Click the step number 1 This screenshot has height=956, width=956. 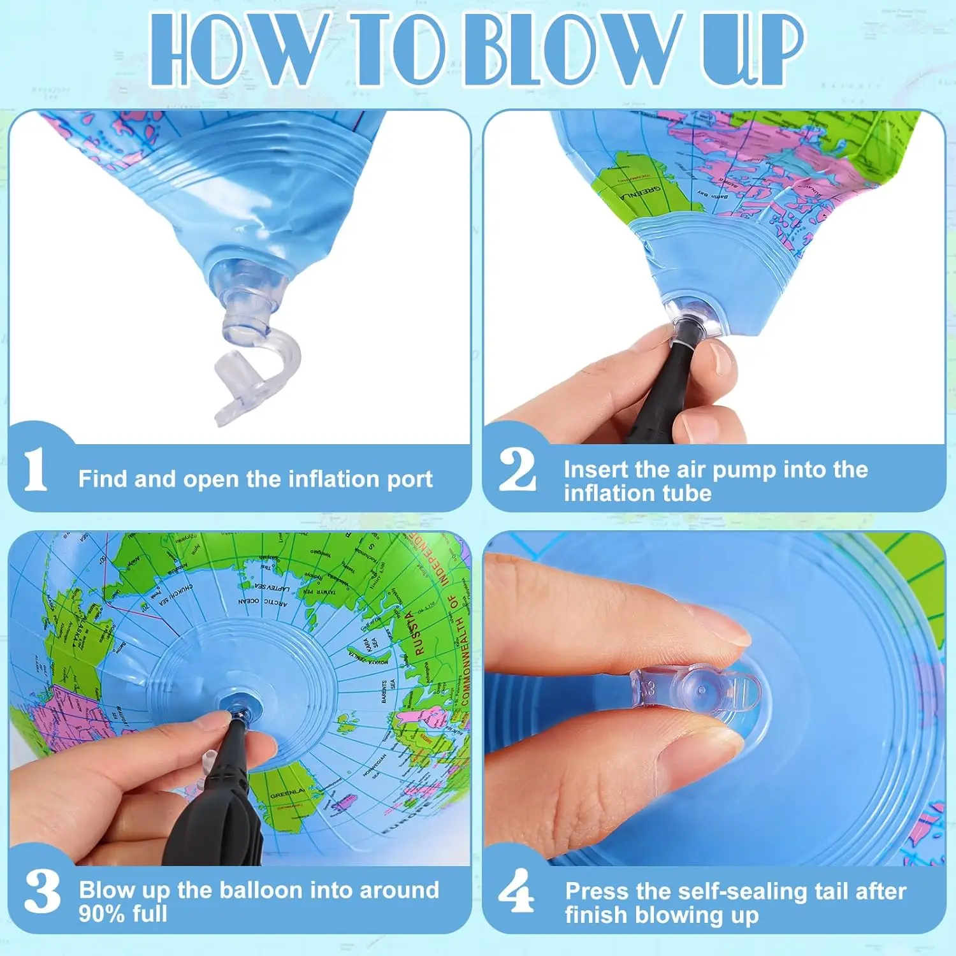click(x=35, y=470)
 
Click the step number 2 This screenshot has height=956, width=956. click(x=517, y=470)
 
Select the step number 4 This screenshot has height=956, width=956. click(x=516, y=891)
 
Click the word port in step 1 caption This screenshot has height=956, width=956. click(x=409, y=479)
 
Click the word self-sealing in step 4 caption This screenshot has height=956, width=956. click(x=736, y=891)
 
